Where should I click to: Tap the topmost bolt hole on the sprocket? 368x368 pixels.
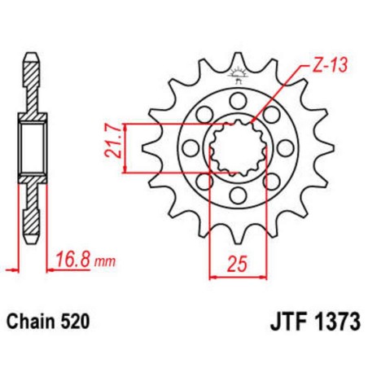(x=236, y=100)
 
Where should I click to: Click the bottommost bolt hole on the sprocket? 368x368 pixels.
(x=236, y=196)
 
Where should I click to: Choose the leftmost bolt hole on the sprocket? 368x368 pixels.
(x=189, y=148)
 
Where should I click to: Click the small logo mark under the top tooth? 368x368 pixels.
(x=237, y=77)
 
